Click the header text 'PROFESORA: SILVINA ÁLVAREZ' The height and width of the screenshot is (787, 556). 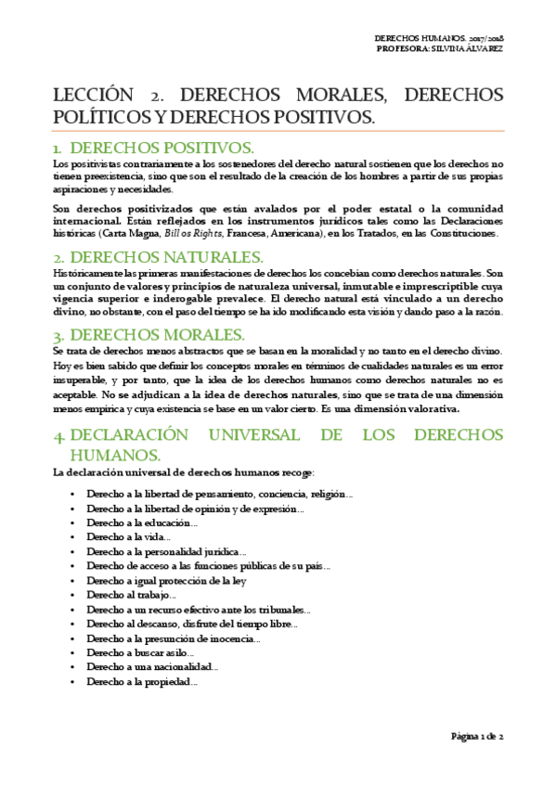[440, 48]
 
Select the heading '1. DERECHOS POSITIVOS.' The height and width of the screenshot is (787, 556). [153, 148]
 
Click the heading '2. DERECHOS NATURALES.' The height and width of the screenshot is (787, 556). [159, 257]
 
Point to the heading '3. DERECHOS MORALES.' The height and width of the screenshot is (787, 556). [149, 335]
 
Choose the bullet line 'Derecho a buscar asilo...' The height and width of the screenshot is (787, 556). [140, 652]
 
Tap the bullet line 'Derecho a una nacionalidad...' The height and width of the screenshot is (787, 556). [152, 667]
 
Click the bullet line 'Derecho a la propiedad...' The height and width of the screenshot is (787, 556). [142, 681]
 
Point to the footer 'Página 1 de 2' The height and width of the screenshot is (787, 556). [476, 736]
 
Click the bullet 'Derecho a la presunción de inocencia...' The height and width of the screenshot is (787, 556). [174, 639]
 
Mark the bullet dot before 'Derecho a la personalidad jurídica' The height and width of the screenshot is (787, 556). [72, 552]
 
